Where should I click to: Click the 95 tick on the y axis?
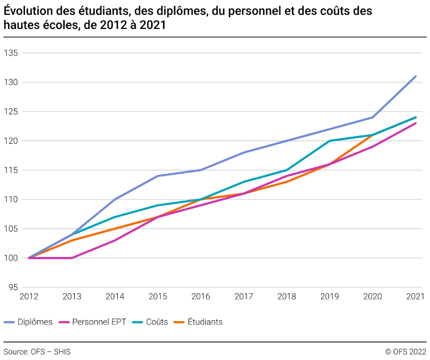point(12,288)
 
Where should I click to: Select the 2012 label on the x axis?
point(29,297)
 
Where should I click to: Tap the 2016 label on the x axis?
point(201,297)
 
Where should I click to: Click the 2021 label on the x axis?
point(415,297)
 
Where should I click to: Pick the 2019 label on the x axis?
point(329,297)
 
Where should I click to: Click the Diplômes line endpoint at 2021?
point(416,76)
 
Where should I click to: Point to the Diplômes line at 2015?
point(158,176)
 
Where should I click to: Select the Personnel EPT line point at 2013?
point(72,258)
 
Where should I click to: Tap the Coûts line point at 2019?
point(330,141)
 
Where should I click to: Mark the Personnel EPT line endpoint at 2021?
point(416,123)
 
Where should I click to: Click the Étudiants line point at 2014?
point(115,229)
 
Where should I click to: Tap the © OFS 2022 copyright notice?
point(406,352)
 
